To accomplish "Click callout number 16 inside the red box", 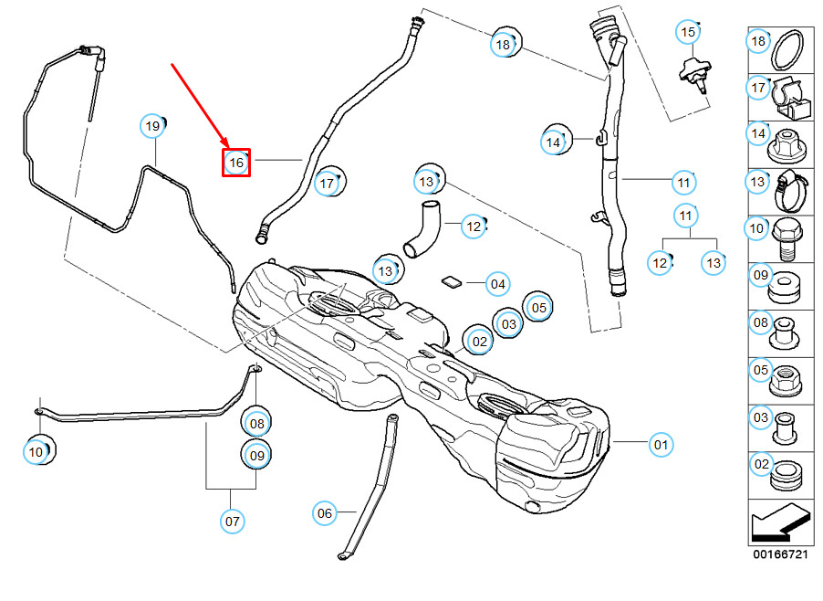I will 236,163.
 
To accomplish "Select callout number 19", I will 153,125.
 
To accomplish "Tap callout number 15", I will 688,32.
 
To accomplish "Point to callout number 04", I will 497,284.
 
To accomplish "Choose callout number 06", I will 325,513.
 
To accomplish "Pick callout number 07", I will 233,522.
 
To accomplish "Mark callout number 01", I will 661,445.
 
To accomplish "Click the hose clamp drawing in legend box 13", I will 791,190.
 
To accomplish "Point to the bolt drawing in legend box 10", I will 788,237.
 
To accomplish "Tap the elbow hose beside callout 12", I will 422,231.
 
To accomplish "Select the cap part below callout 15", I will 696,76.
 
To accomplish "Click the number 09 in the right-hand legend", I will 759,274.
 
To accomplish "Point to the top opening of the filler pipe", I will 603,25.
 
